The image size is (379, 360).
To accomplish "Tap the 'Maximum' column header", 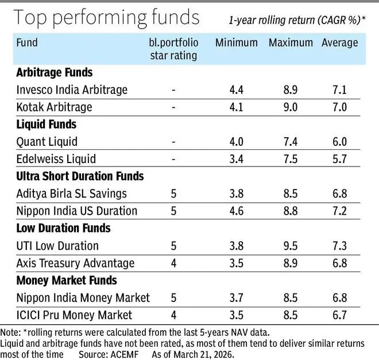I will coord(291,43).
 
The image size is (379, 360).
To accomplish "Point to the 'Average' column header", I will coord(339,43).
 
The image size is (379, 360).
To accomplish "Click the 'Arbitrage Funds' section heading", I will coord(55,73).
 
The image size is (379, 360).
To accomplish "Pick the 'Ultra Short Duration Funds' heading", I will coord(80,176).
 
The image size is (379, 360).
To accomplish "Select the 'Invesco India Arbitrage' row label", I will coord(72,90).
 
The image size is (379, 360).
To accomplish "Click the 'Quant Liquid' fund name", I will coord(47,142).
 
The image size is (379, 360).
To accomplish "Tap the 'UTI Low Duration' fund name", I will coord(57,246).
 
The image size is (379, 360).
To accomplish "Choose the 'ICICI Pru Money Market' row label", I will coord(75,315).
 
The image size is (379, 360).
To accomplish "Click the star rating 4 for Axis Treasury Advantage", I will coord(173,263).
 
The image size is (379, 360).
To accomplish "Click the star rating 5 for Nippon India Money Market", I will coord(173,298).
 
